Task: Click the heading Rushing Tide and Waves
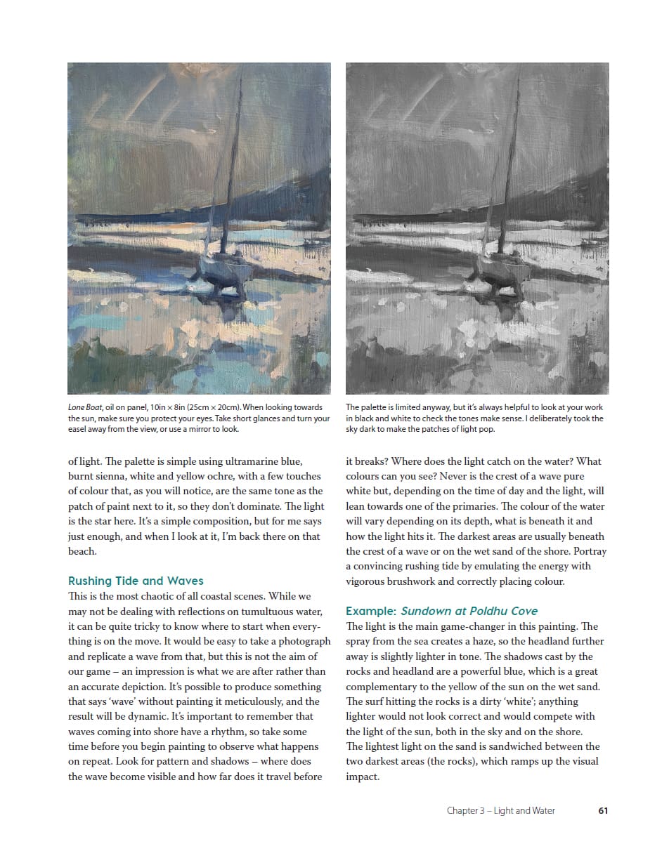tap(136, 581)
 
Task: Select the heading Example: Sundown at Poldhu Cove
tap(442, 611)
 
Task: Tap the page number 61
tap(603, 810)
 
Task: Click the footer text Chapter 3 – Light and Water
tap(500, 810)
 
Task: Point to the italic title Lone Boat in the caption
tap(85, 407)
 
